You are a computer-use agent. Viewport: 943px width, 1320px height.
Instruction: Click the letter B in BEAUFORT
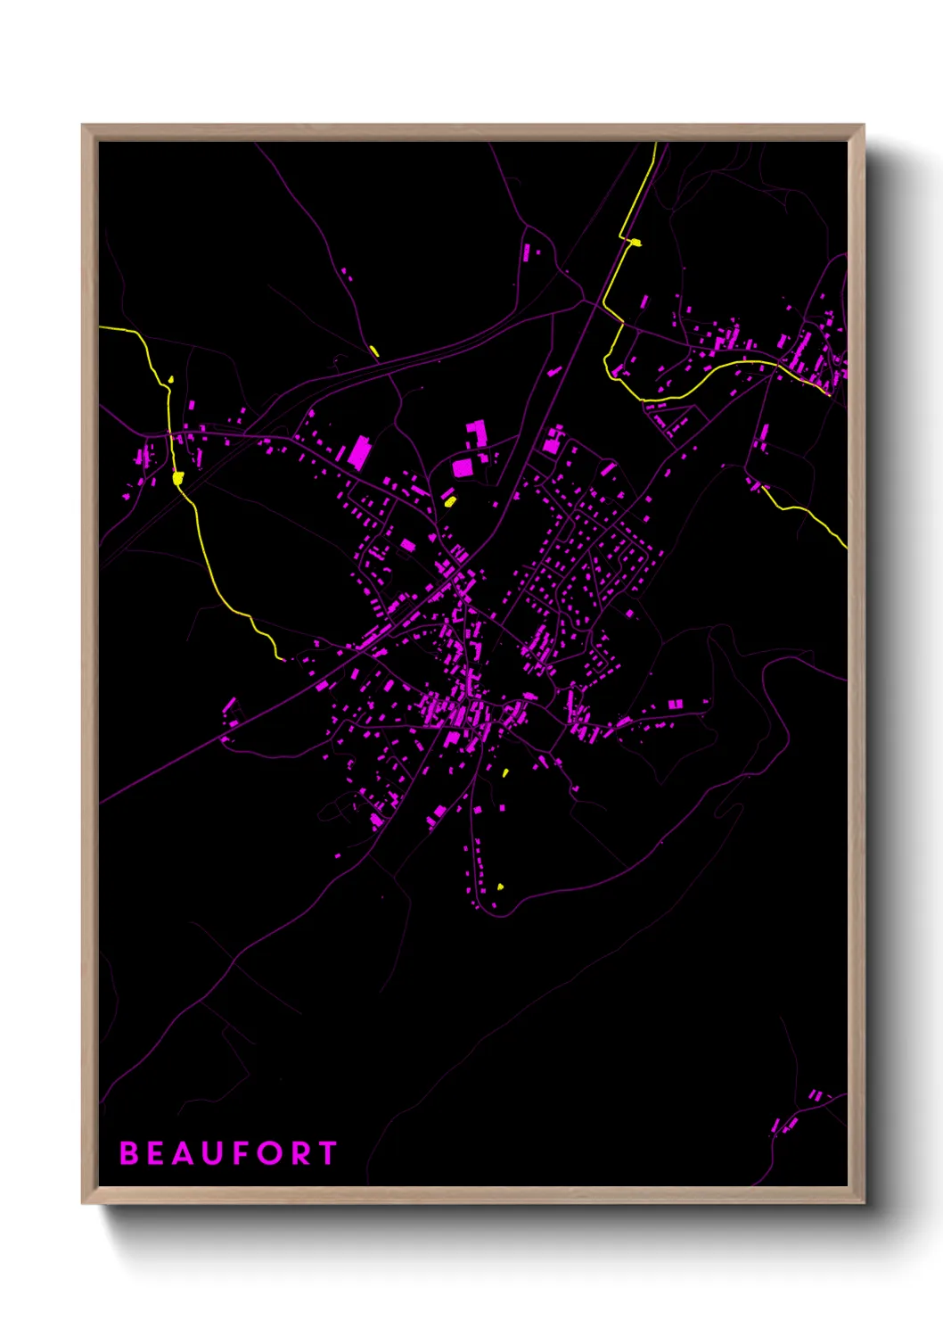(129, 1153)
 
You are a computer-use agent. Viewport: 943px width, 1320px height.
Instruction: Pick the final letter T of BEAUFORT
(327, 1153)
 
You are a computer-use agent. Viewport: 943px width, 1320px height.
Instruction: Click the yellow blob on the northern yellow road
(635, 242)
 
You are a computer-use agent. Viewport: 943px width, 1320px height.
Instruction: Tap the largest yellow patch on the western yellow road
(177, 479)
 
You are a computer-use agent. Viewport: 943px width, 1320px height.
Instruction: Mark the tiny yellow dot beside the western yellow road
(171, 380)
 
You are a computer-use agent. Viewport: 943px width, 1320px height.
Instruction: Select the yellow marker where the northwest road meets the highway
(374, 351)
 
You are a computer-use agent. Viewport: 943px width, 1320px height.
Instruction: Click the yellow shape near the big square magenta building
(450, 501)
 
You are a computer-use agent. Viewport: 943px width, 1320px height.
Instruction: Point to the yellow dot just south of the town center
(505, 772)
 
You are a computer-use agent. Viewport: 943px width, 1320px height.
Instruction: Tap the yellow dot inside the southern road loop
(500, 887)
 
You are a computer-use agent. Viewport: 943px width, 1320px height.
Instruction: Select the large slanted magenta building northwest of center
(359, 451)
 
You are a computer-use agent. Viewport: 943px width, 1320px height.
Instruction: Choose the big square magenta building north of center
(463, 467)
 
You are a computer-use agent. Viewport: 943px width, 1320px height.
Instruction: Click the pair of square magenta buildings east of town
(676, 705)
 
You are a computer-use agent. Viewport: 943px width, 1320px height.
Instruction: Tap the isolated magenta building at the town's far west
(229, 708)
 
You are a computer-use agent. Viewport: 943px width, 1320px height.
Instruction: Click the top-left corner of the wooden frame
(84, 127)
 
